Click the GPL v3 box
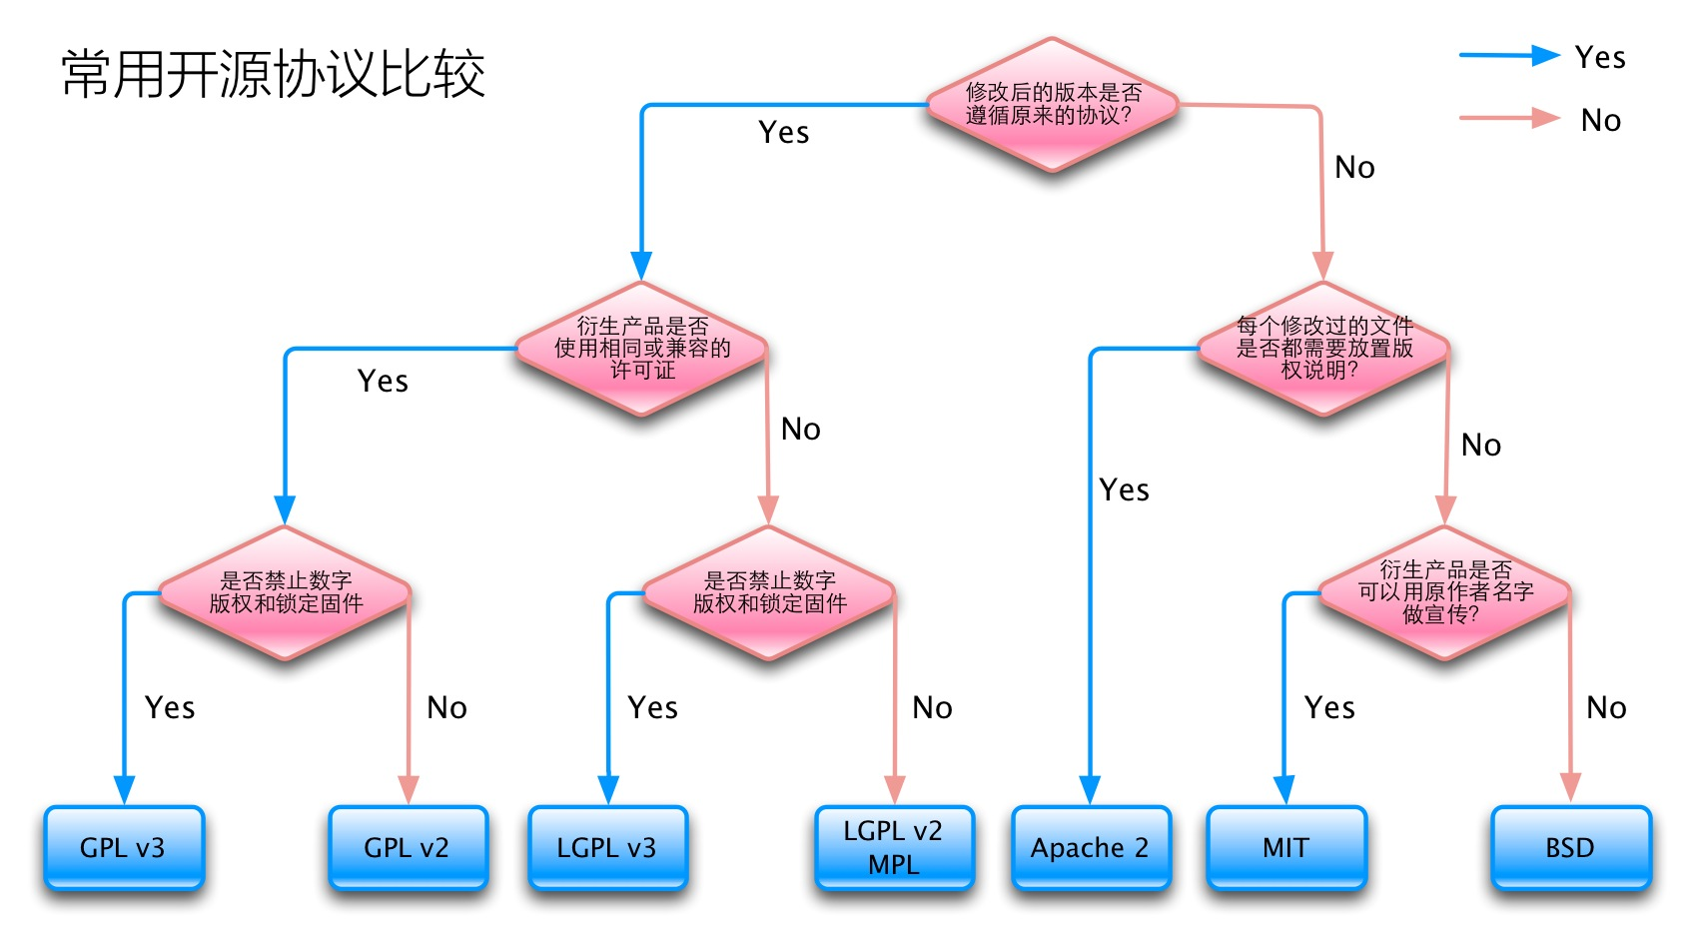coord(124,848)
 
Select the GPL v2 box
coord(408,848)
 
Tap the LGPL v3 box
coord(607,848)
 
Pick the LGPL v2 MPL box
coord(894,848)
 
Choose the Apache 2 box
coord(1091,848)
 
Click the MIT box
coord(1285,848)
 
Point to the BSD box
coord(1570,848)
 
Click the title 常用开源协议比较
coord(273,74)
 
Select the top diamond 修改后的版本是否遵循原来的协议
coord(1052,104)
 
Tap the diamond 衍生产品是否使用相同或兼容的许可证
coord(642,348)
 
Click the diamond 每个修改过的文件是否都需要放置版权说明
coord(1323,348)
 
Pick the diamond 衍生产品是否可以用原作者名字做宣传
coord(1444,592)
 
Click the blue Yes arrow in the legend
coord(1509,56)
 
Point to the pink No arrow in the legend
coord(1509,119)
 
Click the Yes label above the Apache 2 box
coord(1125,489)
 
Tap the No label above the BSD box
coord(1606,708)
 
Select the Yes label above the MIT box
coord(1329,708)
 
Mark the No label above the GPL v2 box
coord(446,708)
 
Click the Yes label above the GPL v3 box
coord(170,708)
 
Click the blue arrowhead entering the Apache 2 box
coord(1090,790)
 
